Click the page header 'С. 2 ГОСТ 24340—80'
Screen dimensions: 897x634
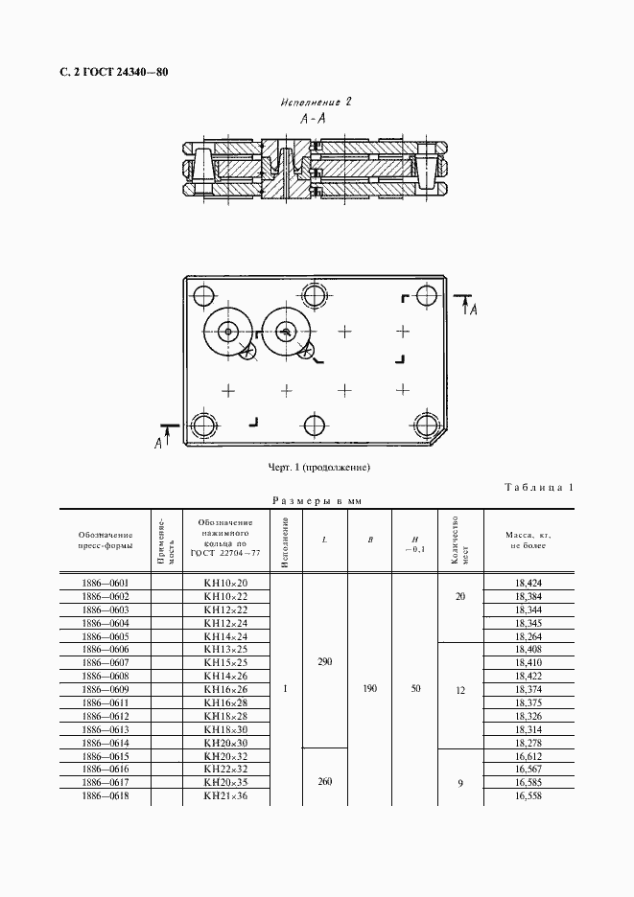(106, 72)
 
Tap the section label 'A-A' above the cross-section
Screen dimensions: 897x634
(311, 119)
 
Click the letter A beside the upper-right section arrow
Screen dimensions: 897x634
(474, 309)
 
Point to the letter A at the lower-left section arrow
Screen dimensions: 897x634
(158, 442)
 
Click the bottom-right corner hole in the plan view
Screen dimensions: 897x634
(425, 425)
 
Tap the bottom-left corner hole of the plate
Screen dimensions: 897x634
(203, 425)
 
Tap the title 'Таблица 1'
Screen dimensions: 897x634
(538, 488)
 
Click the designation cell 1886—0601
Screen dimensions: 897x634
(106, 582)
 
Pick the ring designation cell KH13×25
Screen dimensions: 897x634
(225, 649)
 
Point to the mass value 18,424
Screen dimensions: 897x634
(529, 582)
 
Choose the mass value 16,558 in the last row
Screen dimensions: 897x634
(529, 796)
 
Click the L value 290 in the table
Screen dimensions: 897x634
(324, 661)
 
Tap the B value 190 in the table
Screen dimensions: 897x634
(370, 688)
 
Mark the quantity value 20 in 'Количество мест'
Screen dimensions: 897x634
(460, 595)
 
